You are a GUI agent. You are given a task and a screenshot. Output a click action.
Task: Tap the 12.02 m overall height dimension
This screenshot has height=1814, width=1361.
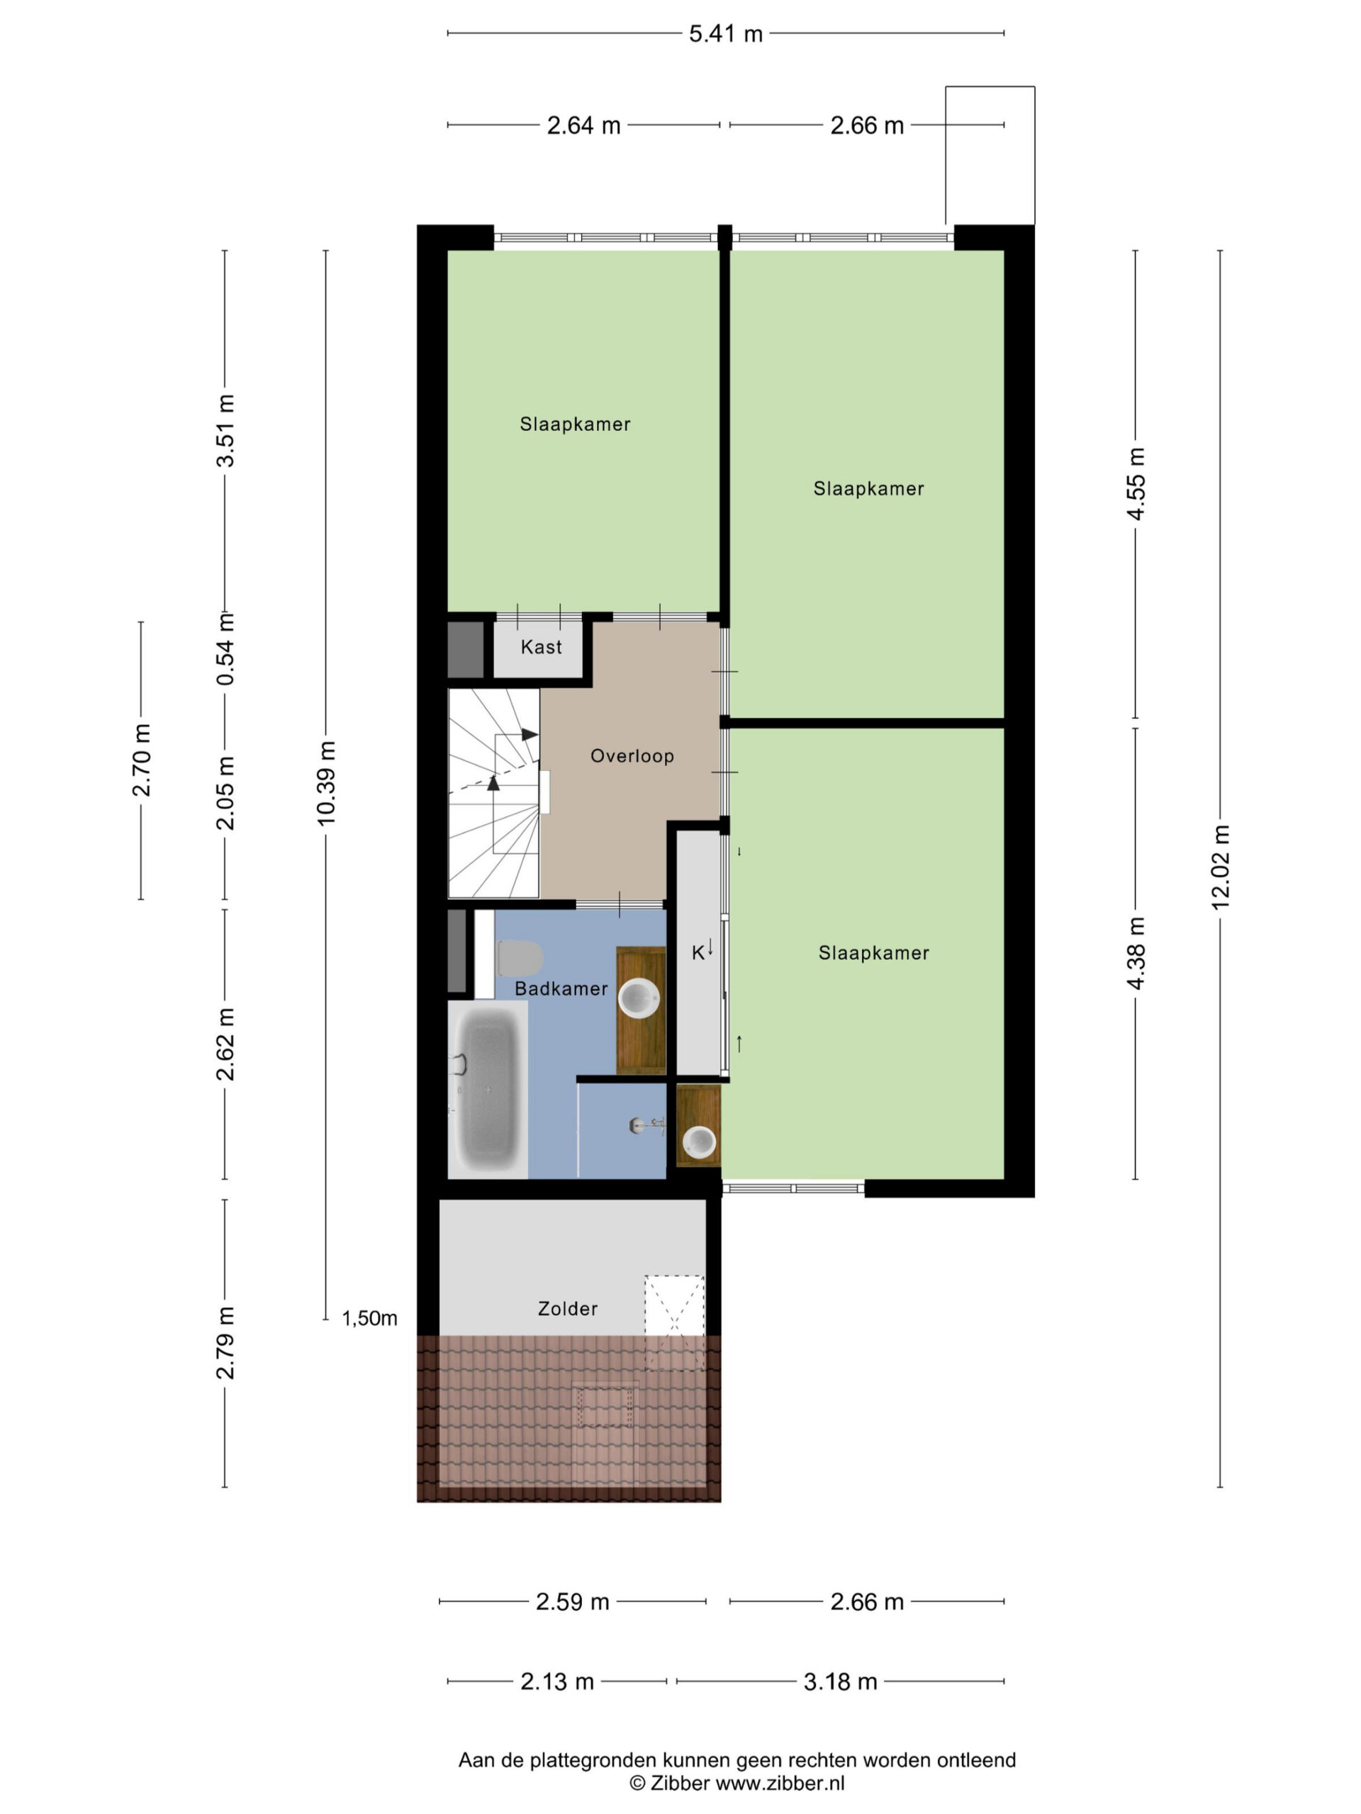1221,867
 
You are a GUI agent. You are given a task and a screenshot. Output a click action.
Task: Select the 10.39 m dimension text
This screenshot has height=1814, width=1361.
325,782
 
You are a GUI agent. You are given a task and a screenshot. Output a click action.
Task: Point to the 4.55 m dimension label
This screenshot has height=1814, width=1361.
1136,484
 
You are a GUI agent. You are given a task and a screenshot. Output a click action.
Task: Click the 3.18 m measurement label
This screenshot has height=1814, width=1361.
840,1682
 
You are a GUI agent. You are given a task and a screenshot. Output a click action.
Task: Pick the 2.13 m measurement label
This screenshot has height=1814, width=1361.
557,1682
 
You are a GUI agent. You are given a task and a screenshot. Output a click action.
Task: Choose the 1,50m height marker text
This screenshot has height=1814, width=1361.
369,1319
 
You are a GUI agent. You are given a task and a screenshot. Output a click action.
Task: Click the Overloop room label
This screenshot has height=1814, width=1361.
632,756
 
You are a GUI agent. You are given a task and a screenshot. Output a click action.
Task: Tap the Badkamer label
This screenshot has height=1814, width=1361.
561,989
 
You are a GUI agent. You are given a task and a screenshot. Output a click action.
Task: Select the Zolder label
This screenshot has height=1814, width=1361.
568,1309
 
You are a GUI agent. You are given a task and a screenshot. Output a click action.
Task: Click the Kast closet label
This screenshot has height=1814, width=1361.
542,647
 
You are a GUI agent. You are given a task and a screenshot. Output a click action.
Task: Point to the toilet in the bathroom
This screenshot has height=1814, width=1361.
520,958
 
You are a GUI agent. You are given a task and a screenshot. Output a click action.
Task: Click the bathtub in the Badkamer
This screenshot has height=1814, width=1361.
489,1089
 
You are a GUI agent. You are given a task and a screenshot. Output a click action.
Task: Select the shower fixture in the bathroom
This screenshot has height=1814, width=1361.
647,1126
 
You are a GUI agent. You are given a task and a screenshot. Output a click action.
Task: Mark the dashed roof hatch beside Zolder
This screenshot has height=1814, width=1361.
674,1323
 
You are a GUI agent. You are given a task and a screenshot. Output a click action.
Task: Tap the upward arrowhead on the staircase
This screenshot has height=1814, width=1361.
493,783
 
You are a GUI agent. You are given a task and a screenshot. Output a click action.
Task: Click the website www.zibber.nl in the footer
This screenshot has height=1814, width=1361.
780,1784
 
